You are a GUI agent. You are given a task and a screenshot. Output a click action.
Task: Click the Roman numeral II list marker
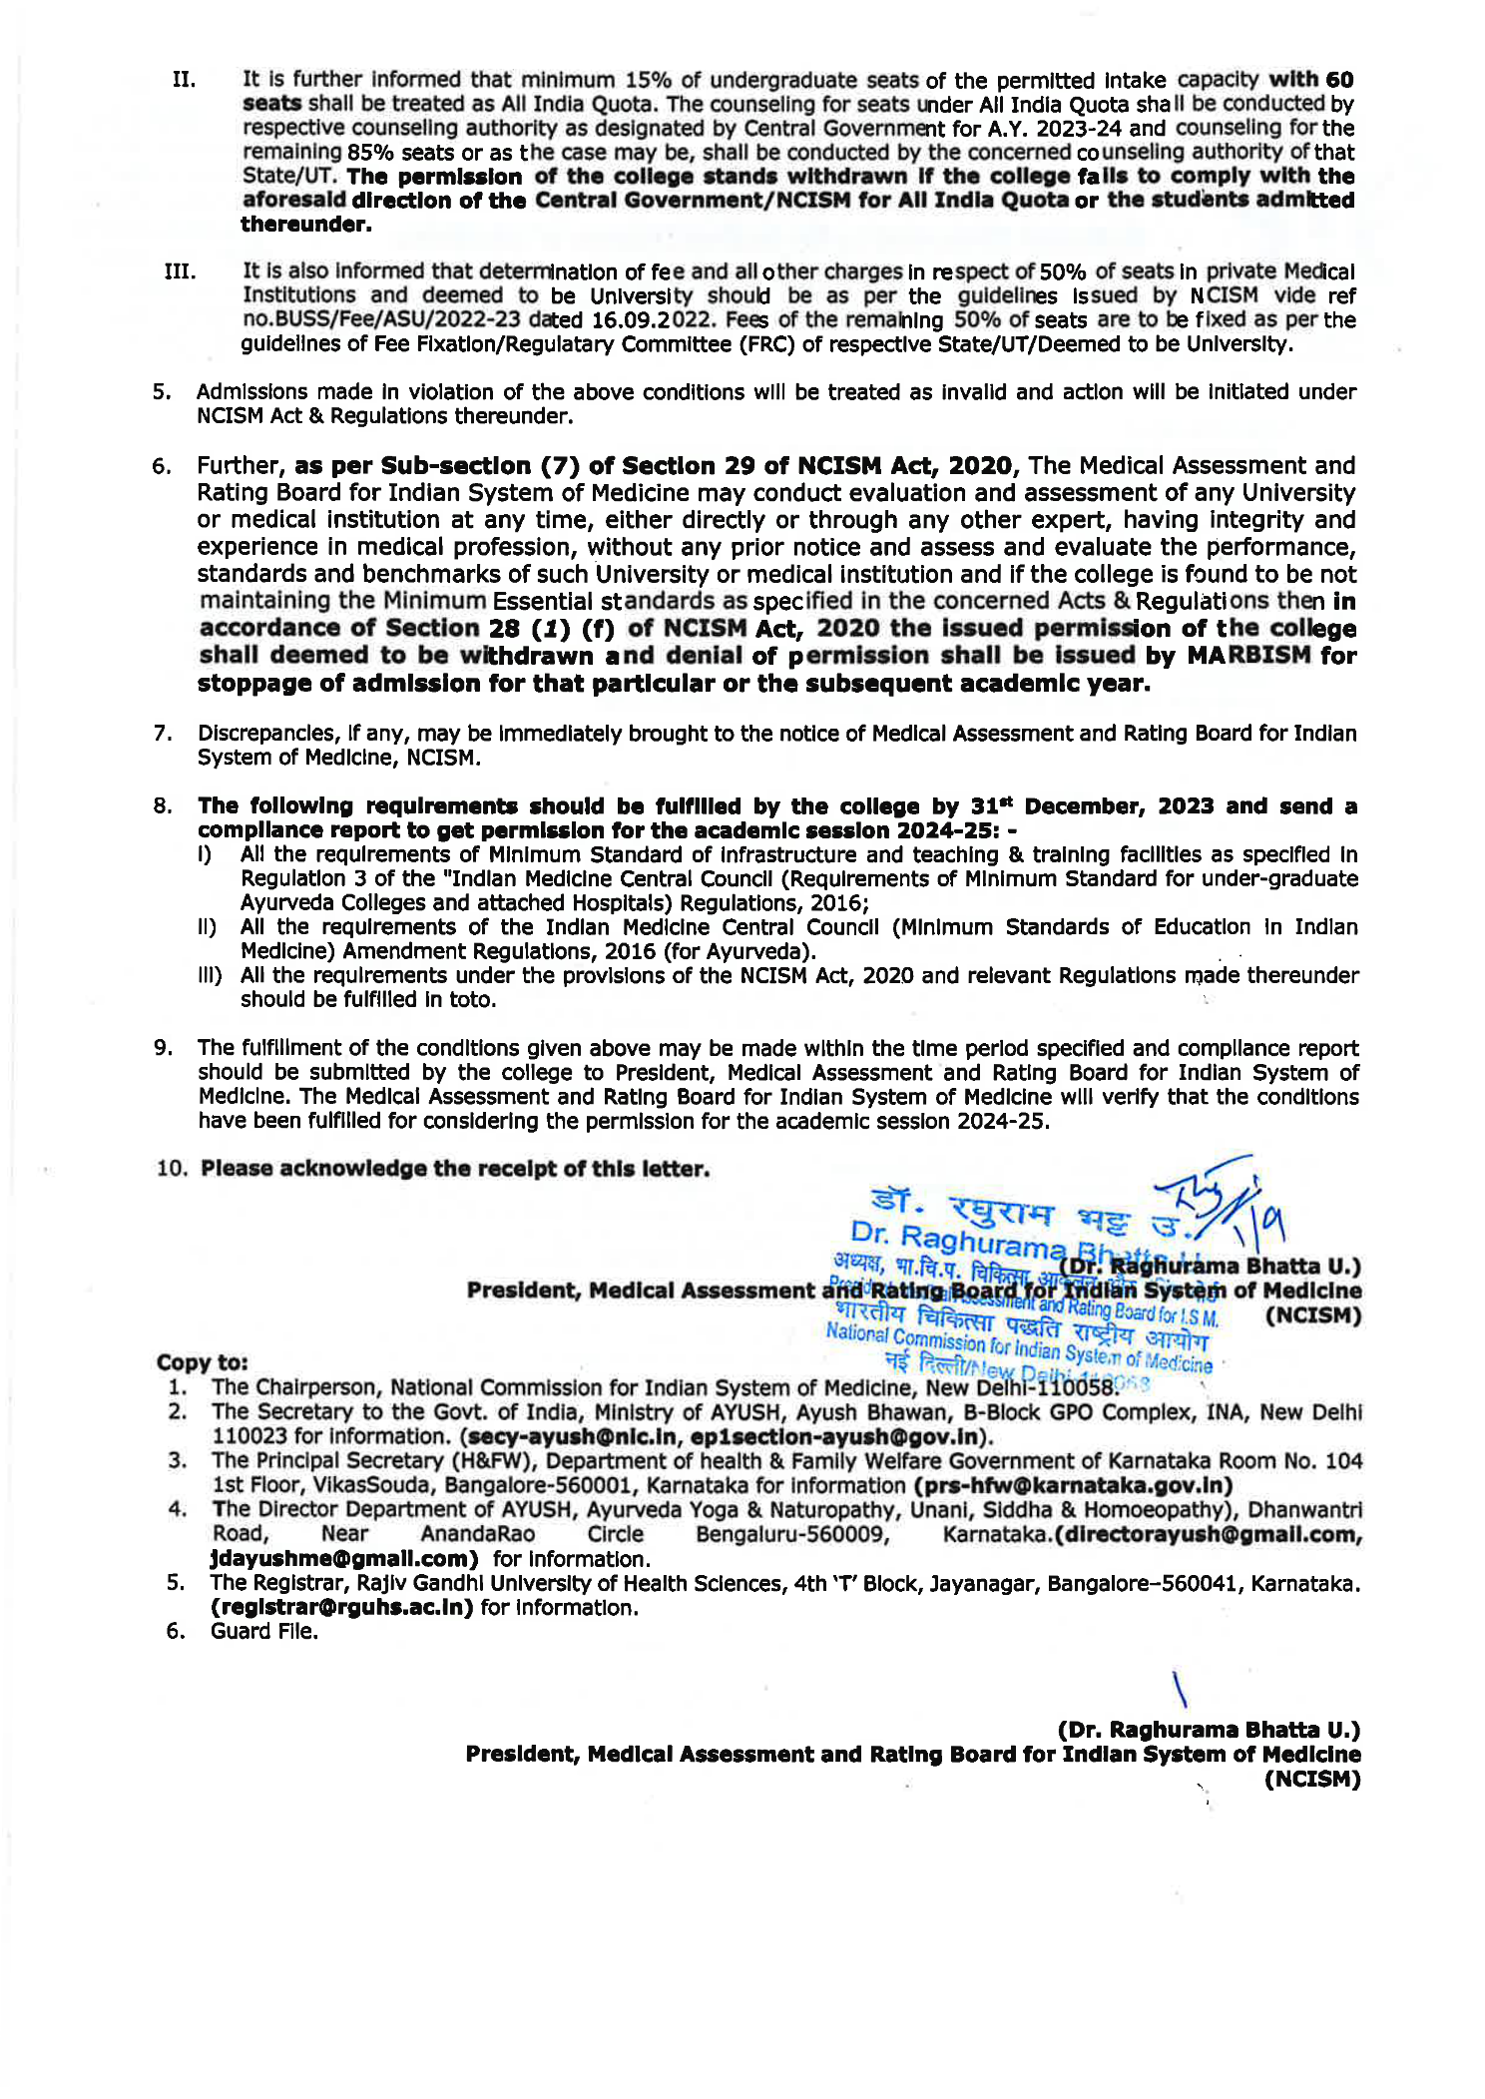pos(184,80)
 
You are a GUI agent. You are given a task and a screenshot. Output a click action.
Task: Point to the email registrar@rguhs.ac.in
pos(341,1608)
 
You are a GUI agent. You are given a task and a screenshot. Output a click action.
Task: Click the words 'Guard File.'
pos(264,1632)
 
